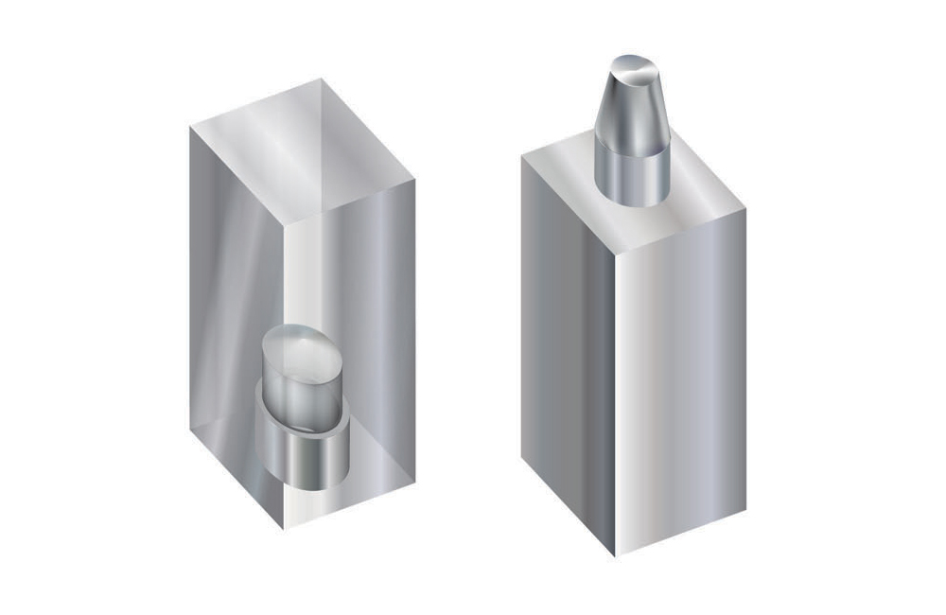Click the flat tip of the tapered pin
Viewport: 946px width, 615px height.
pos(633,69)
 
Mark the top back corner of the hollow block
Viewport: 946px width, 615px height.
pos(321,79)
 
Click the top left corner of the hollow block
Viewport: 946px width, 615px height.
pos(189,126)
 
